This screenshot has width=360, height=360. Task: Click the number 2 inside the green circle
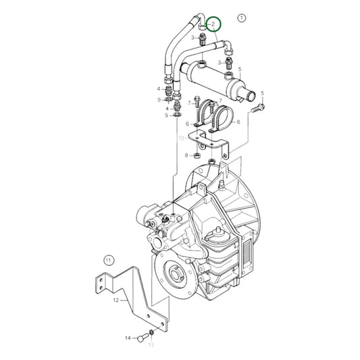[x=214, y=25]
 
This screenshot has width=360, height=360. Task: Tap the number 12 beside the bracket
[x=115, y=299]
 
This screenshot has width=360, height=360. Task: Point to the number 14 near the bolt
[x=128, y=337]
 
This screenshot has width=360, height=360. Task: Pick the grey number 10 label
[x=182, y=138]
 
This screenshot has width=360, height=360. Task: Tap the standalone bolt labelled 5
[x=259, y=107]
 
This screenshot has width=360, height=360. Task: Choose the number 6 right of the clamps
[x=238, y=122]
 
